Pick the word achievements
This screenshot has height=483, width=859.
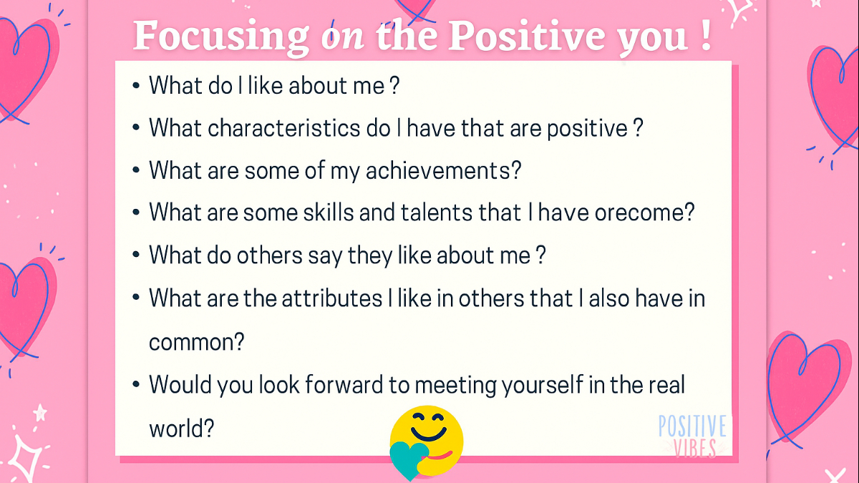pyautogui.click(x=443, y=171)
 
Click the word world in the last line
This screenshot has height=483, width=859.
pyautogui.click(x=180, y=427)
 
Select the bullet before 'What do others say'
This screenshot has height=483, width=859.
pyautogui.click(x=136, y=256)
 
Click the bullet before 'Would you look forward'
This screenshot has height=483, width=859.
pyautogui.click(x=136, y=386)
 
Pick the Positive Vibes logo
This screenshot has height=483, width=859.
pyautogui.click(x=691, y=436)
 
